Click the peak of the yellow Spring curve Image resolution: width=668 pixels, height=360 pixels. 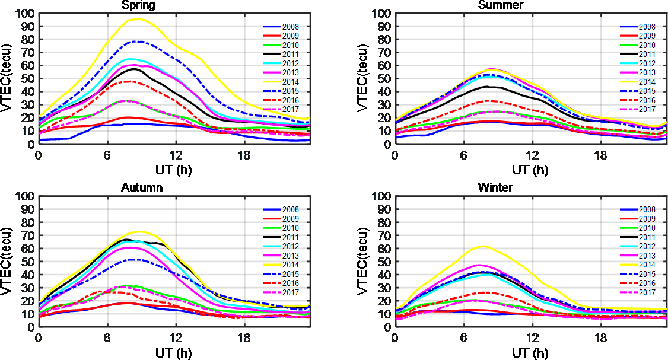(138, 19)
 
